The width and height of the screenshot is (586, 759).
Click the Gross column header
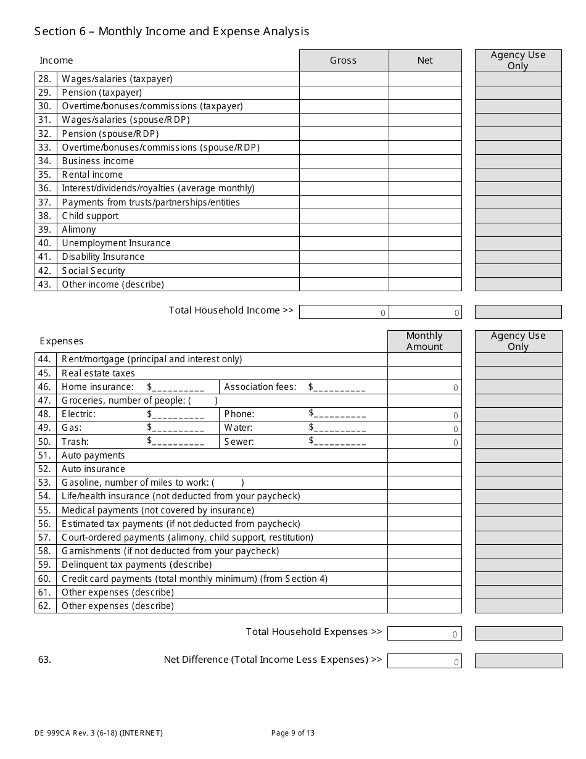(x=344, y=60)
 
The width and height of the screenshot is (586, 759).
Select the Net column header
(x=425, y=60)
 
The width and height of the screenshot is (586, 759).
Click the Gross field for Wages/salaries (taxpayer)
(x=344, y=79)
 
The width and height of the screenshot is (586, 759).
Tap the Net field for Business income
(x=425, y=161)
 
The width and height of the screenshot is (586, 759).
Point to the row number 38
(x=45, y=216)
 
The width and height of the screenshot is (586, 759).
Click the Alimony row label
(x=79, y=230)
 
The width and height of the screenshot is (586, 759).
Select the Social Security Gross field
(x=344, y=270)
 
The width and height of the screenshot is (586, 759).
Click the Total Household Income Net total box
(x=425, y=312)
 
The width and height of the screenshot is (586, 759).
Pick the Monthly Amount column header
(x=424, y=341)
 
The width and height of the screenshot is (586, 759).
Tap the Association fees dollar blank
(x=339, y=388)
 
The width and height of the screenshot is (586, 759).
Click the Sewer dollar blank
(x=340, y=442)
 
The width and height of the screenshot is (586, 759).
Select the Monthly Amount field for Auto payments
(x=424, y=455)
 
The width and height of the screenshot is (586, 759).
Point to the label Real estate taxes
(x=98, y=373)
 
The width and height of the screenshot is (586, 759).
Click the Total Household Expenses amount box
(x=424, y=633)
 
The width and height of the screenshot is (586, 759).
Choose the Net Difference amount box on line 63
(x=424, y=661)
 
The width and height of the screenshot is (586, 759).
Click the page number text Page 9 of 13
(x=293, y=733)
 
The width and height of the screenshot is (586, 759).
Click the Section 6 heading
(x=172, y=31)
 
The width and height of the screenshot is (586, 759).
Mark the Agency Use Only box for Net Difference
(x=518, y=661)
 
